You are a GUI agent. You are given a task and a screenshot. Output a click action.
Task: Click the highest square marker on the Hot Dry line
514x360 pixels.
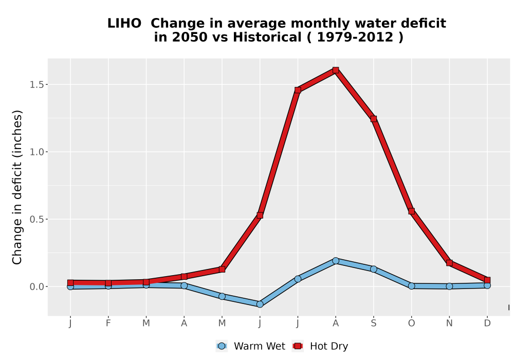(335, 70)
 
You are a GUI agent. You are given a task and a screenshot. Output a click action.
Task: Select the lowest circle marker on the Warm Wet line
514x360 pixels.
(260, 304)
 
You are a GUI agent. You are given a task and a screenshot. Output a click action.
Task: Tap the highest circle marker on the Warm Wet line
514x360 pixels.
(335, 261)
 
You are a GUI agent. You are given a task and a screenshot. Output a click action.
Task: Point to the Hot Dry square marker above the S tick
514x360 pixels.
(373, 119)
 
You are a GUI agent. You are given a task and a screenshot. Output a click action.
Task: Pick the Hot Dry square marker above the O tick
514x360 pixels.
(411, 211)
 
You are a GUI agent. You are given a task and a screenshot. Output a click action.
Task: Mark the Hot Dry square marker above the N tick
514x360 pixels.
(449, 263)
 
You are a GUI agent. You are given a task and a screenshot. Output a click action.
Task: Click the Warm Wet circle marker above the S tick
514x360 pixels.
(373, 269)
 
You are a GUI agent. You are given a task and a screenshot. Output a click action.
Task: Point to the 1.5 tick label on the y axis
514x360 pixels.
(36, 84)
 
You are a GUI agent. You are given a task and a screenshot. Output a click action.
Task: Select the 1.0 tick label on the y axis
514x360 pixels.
(36, 152)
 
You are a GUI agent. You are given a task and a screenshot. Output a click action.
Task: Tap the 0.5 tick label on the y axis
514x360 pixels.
(36, 220)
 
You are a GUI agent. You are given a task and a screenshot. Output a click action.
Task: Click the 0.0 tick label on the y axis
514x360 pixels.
(36, 287)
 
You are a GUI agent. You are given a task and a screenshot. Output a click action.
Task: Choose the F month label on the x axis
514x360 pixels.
(108, 323)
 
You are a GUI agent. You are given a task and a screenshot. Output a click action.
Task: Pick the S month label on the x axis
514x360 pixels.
(373, 323)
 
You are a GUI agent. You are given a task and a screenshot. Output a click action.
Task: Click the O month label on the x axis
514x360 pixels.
(411, 323)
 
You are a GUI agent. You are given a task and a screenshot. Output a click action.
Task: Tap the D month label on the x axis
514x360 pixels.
(487, 323)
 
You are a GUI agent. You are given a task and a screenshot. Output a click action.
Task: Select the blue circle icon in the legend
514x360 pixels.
(222, 346)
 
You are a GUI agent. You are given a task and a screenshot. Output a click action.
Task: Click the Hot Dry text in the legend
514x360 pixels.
(329, 346)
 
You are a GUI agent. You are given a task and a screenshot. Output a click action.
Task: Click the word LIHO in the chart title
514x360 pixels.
(124, 23)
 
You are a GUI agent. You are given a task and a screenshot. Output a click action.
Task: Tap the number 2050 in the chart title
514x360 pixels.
(190, 37)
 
